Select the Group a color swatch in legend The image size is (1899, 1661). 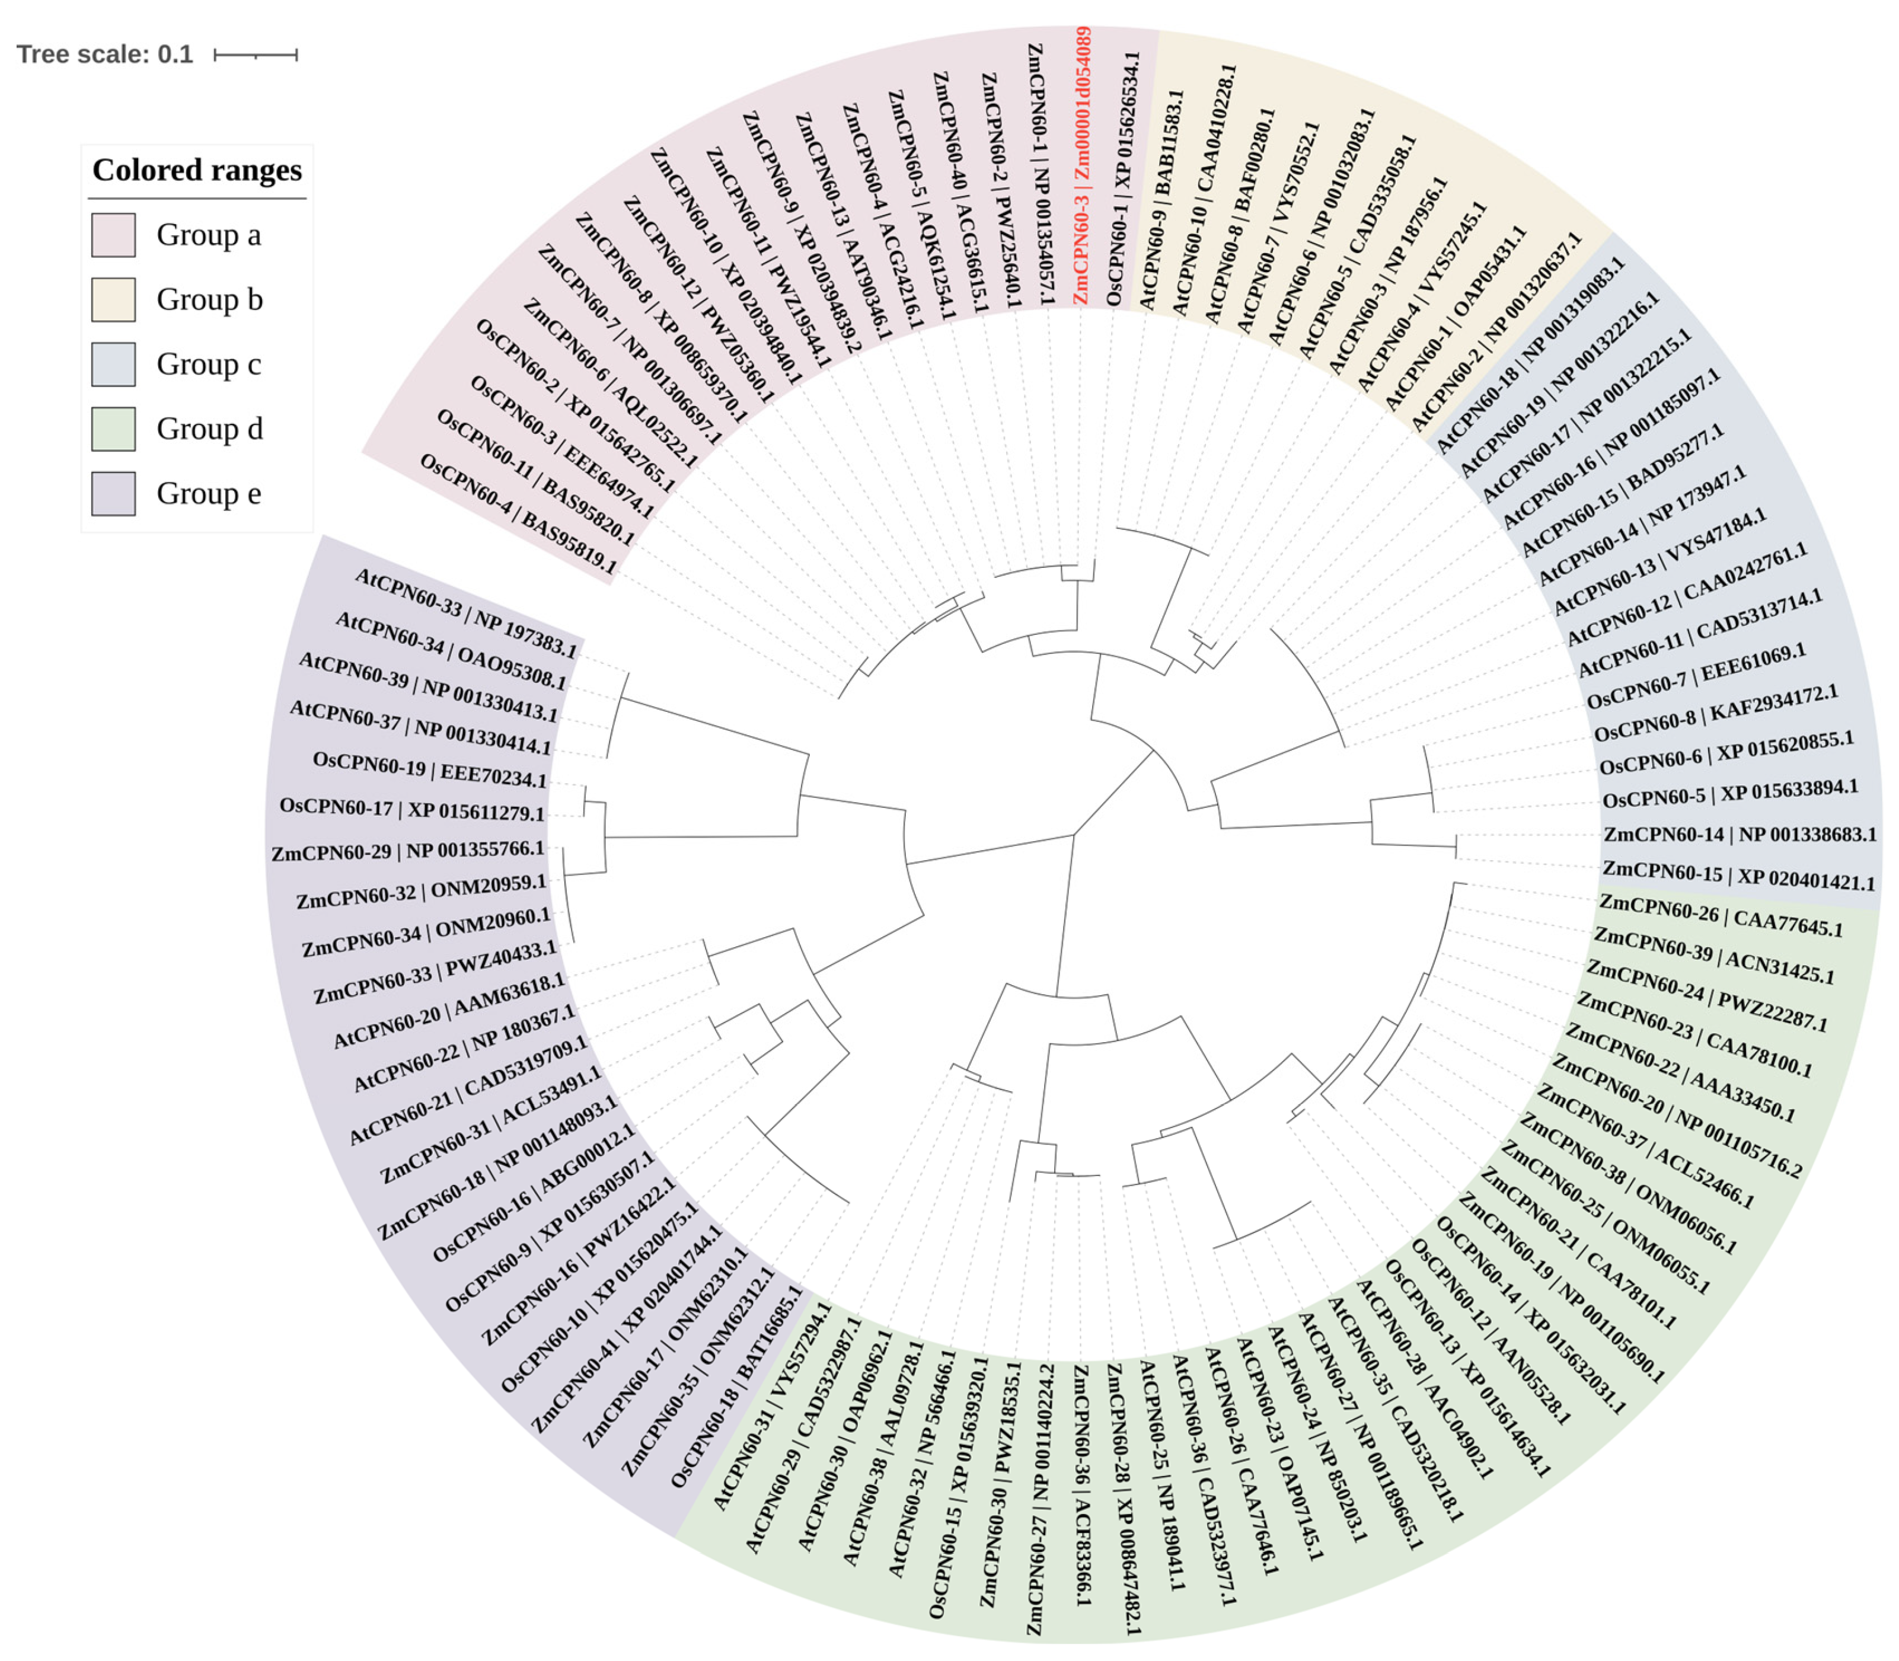pyautogui.click(x=113, y=235)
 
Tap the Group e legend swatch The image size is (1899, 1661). pyautogui.click(x=113, y=493)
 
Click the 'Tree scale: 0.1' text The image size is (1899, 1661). pyautogui.click(x=105, y=55)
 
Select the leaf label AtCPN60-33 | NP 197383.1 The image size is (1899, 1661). pyautogui.click(x=465, y=614)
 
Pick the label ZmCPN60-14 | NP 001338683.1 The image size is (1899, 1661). pyautogui.click(x=1740, y=834)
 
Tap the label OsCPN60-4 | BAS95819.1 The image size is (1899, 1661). pyautogui.click(x=517, y=515)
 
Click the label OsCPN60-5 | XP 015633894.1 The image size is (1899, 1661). pyautogui.click(x=1730, y=794)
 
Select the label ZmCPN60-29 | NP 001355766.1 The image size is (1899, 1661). pyautogui.click(x=408, y=850)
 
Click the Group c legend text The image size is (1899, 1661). pyautogui.click(x=209, y=365)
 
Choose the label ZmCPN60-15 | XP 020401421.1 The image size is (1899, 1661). pyautogui.click(x=1739, y=875)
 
